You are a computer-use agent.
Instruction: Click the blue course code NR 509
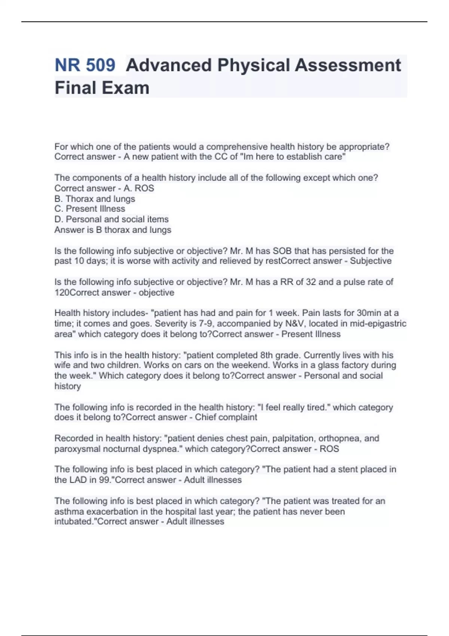85,65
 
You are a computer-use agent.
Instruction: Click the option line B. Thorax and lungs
95,199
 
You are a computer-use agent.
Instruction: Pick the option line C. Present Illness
90,209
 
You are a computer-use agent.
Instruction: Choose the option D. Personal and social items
112,219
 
